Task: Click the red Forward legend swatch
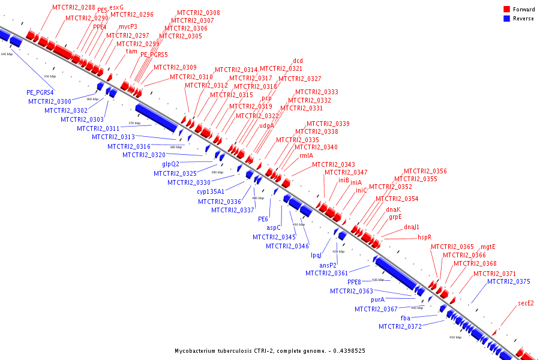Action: tap(507, 10)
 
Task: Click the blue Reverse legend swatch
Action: tap(507, 19)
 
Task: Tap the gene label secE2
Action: tap(526, 304)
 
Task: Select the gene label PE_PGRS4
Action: tap(40, 92)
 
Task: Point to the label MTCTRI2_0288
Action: tap(73, 7)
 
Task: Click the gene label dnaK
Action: tap(393, 209)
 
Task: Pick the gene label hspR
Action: tap(425, 238)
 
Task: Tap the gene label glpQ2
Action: tap(170, 164)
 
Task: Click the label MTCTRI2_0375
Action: tap(509, 281)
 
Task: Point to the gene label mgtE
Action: tap(488, 247)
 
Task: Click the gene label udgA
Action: tap(266, 126)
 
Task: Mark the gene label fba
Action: tap(405, 317)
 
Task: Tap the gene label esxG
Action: tap(116, 7)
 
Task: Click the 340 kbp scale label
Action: tap(7, 55)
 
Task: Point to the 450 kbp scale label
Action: tap(455, 337)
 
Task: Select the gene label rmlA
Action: tap(307, 155)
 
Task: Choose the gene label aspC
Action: tap(274, 228)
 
